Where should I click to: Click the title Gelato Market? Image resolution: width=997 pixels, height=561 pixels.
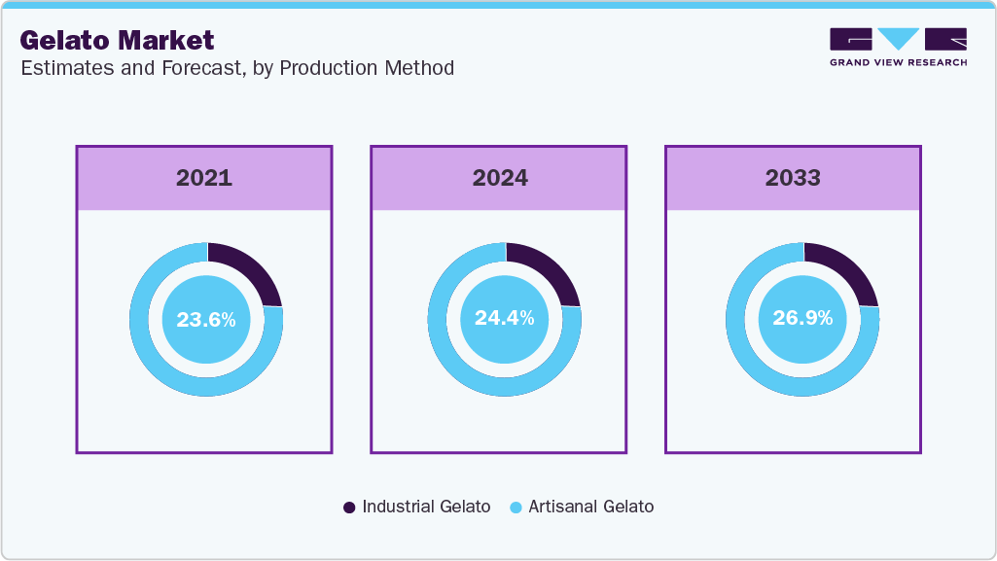pos(117,40)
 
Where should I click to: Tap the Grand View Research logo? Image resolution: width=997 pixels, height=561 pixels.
pos(898,47)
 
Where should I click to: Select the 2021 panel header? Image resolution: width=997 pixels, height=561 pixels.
pos(204,178)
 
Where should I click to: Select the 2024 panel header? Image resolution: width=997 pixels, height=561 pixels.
pos(500,178)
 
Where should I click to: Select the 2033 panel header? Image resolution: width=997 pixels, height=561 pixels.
pos(793,178)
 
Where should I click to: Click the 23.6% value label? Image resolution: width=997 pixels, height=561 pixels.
pos(205,319)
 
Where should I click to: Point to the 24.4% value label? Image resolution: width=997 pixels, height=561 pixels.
pos(504,319)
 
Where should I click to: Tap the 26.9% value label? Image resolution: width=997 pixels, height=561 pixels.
pos(802,319)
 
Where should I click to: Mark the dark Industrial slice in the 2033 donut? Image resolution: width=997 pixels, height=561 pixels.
pos(844,273)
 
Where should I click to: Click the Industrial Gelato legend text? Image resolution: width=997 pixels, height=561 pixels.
pos(426,507)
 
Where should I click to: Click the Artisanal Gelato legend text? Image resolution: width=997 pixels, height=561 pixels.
pos(590,507)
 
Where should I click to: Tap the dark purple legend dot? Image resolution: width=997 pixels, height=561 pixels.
pos(349,508)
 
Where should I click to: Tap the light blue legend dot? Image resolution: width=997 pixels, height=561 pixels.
pos(516,508)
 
